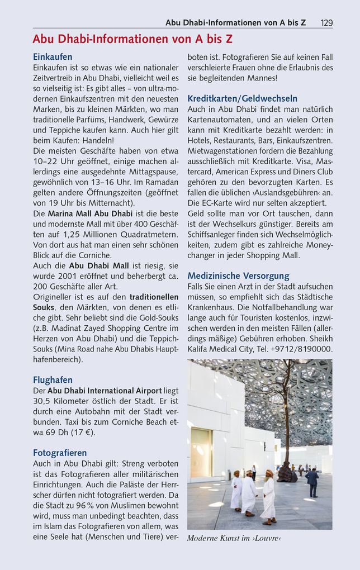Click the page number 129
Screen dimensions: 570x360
click(326, 23)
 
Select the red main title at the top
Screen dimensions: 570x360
click(132, 39)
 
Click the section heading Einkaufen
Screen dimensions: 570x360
click(53, 57)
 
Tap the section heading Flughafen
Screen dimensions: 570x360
click(53, 380)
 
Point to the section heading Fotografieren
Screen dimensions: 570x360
click(60, 453)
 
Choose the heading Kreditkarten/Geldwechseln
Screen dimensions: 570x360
click(242, 98)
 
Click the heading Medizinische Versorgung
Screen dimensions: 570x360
click(238, 275)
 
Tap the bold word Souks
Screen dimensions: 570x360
click(44, 307)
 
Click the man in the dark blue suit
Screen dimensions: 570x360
click(313, 482)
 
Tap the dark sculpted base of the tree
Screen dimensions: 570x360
click(287, 475)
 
